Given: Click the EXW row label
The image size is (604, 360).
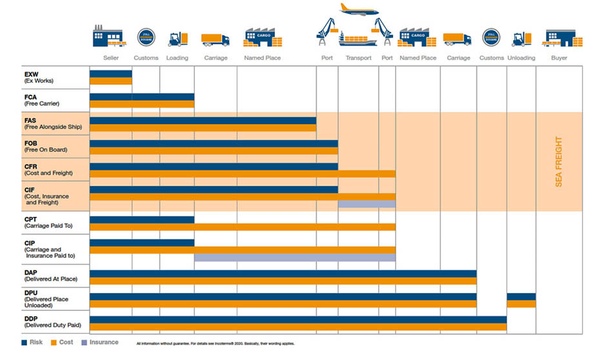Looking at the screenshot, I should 38,77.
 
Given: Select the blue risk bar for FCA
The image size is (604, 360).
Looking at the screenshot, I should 142,97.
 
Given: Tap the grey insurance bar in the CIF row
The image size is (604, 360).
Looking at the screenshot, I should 367,205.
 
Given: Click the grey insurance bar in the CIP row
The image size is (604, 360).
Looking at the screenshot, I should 295,257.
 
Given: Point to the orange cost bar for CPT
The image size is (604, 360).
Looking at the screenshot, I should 243,227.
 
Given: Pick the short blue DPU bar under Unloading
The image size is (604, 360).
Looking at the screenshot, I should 521,297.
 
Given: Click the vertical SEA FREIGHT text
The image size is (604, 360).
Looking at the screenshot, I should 559,161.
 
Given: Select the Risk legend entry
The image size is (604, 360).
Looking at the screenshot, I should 32,343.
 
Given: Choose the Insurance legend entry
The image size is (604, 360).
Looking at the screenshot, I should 99,343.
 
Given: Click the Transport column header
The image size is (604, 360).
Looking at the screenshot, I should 358,58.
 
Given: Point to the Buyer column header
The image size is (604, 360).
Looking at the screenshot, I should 559,58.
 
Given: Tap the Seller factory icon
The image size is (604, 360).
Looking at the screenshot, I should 108,36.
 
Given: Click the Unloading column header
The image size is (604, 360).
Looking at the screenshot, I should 521,58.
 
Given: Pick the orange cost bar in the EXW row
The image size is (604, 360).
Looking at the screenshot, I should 111,81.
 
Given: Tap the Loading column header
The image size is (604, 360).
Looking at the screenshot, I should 177,58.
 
